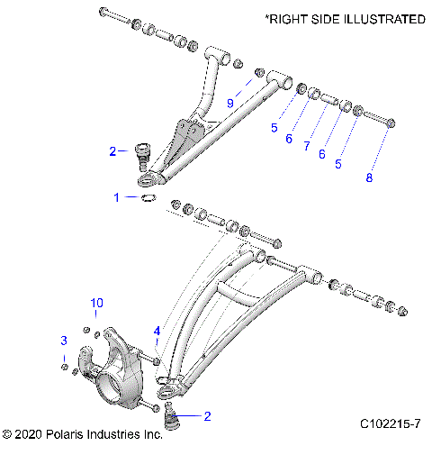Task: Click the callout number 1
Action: (x=116, y=196)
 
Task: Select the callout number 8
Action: (x=367, y=177)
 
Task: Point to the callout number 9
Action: (x=230, y=105)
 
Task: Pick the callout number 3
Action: (x=63, y=340)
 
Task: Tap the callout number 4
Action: (x=157, y=330)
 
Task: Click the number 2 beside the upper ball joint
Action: (x=112, y=151)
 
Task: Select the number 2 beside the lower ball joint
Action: (x=208, y=416)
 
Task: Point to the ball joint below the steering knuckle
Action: (x=170, y=415)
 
